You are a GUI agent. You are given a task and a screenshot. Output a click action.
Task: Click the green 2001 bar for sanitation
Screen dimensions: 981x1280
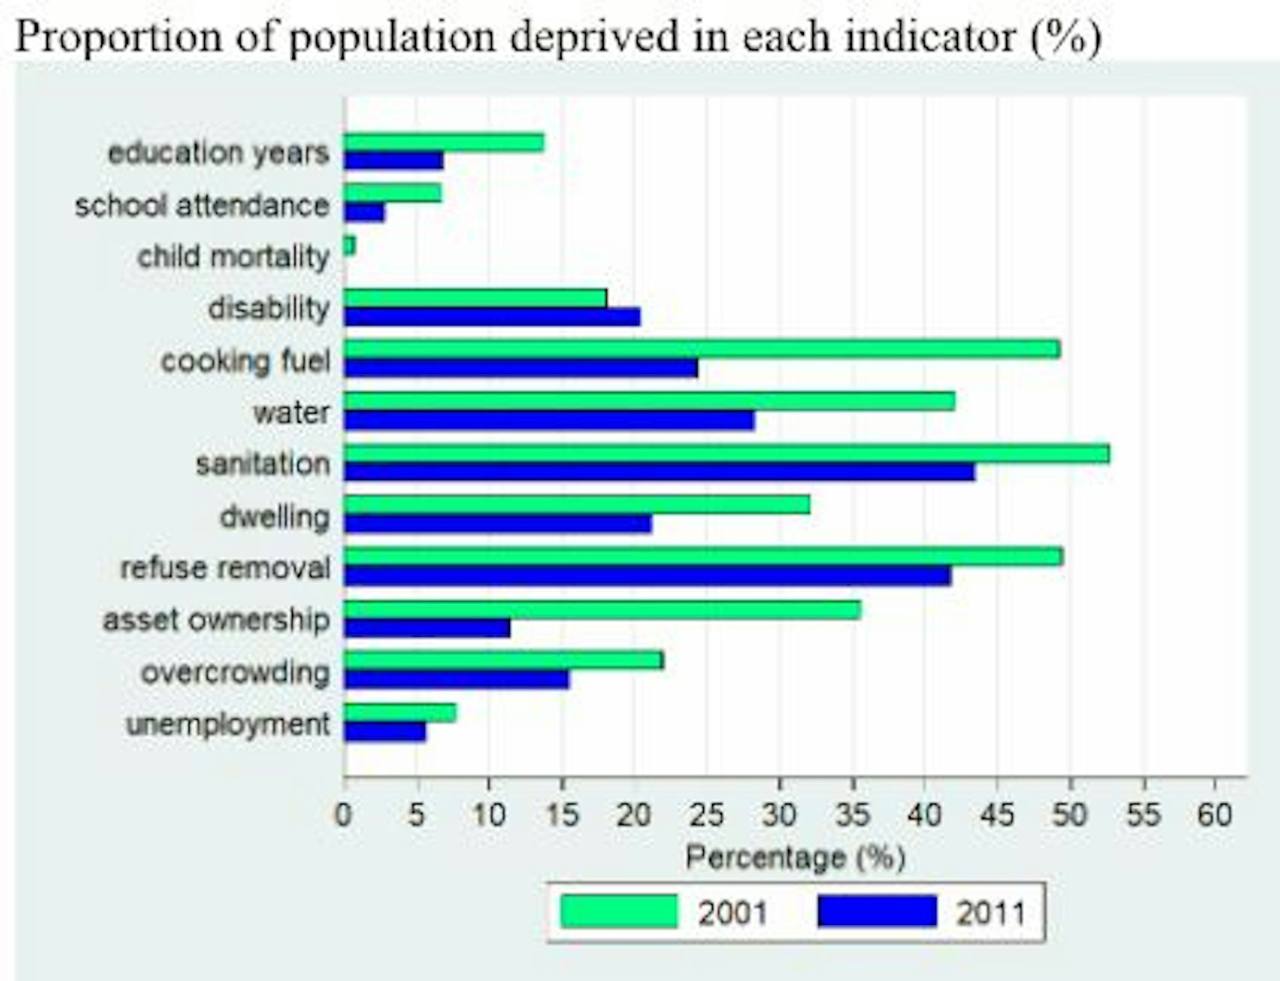click(727, 453)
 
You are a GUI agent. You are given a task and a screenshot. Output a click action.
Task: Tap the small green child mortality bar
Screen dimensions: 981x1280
click(349, 246)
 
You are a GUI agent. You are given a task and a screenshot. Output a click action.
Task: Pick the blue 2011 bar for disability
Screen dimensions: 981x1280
click(492, 317)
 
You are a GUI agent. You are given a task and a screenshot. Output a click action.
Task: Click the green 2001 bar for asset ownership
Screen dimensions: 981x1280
click(602, 610)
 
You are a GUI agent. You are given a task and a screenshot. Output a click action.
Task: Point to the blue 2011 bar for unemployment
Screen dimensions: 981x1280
click(385, 732)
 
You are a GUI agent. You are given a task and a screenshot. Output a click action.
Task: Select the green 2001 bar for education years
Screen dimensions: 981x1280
click(443, 143)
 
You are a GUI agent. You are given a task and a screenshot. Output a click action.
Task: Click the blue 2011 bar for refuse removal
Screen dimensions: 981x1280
click(647, 576)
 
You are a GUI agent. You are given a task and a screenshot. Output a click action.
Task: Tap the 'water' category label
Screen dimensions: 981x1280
click(291, 413)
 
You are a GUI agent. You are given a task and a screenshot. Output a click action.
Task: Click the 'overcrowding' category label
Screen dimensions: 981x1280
click(235, 673)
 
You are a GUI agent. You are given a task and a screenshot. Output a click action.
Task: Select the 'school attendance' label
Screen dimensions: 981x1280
click(202, 205)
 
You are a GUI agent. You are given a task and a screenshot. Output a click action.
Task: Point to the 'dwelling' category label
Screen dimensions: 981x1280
click(275, 517)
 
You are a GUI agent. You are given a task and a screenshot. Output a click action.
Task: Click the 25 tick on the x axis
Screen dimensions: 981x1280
click(707, 815)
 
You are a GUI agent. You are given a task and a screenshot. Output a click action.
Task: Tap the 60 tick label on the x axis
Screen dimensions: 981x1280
click(1214, 815)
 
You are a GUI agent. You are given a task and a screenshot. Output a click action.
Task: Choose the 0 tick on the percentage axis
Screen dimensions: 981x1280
click(344, 815)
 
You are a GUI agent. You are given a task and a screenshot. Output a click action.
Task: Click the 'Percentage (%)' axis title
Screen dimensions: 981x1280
click(795, 858)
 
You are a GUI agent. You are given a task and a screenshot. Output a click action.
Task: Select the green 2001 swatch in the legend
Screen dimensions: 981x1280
click(619, 912)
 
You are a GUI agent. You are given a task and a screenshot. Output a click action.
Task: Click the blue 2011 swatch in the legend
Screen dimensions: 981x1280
click(877, 912)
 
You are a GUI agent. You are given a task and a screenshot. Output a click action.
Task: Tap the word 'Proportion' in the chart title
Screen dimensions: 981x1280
click(118, 37)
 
